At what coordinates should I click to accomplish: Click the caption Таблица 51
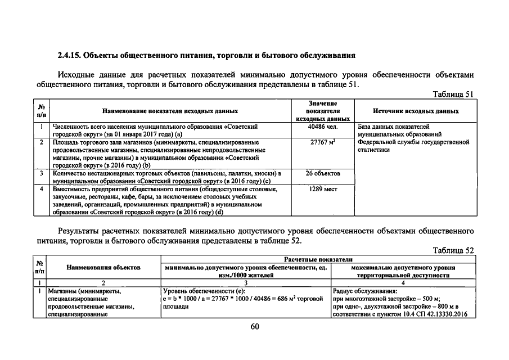point(454,94)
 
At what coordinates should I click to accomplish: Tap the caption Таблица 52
point(454,250)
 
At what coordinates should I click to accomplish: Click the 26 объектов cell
point(323,174)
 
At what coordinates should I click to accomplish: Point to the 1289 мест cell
point(323,190)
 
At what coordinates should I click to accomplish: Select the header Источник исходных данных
point(416,111)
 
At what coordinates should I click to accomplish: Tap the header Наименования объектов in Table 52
point(103,267)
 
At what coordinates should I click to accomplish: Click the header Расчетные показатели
point(318,259)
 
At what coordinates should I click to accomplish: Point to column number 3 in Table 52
point(246,283)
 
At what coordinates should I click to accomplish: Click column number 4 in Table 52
point(403,283)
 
